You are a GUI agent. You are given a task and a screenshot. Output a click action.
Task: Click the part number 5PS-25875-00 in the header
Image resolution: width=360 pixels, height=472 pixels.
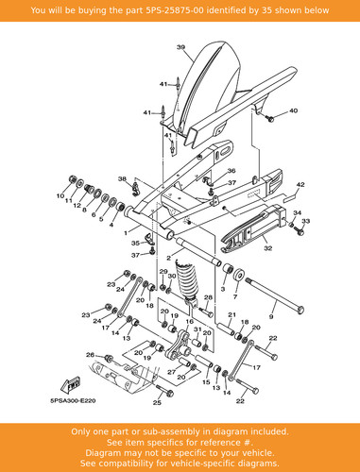[175, 10]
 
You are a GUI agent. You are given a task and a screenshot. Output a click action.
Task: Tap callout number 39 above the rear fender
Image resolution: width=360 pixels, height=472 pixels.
[180, 47]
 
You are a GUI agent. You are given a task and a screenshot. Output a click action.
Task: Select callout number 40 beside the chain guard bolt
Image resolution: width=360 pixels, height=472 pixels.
[293, 110]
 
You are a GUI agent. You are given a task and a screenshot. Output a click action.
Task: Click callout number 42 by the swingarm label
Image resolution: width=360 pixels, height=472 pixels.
[300, 184]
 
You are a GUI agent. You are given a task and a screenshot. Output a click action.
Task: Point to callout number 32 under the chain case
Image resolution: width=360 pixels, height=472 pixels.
[267, 248]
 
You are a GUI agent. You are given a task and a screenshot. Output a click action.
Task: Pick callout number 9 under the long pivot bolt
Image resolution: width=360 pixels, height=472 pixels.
[271, 317]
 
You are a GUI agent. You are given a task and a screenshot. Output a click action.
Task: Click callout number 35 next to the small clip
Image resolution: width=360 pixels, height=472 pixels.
[135, 244]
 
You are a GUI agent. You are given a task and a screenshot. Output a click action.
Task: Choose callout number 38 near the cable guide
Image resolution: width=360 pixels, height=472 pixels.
[122, 179]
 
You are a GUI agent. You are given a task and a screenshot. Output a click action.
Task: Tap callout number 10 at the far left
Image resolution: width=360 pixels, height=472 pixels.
[60, 195]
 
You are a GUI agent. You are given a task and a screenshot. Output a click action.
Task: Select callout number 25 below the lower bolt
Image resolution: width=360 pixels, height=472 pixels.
[157, 402]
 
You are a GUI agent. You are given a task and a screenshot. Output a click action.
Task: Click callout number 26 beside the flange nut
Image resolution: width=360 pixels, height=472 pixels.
[90, 355]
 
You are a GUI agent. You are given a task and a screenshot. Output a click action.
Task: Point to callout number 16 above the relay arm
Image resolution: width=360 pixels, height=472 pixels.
[189, 322]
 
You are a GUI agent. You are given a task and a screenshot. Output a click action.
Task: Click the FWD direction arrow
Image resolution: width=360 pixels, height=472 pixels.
[71, 385]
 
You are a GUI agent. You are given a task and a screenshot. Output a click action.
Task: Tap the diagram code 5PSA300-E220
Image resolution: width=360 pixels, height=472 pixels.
[73, 401]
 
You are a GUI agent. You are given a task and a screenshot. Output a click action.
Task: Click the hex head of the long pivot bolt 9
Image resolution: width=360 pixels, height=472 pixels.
[300, 310]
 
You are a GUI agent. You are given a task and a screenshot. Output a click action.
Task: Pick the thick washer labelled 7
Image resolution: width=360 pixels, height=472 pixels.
[239, 276]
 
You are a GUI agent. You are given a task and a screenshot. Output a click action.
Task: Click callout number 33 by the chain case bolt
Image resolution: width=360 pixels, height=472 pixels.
[305, 221]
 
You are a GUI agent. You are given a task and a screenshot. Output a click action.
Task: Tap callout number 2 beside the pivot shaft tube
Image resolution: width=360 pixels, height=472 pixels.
[168, 259]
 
